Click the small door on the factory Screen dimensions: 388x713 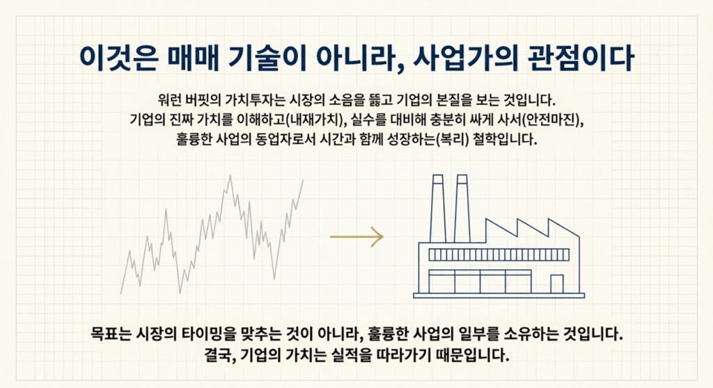click(x=556, y=284)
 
